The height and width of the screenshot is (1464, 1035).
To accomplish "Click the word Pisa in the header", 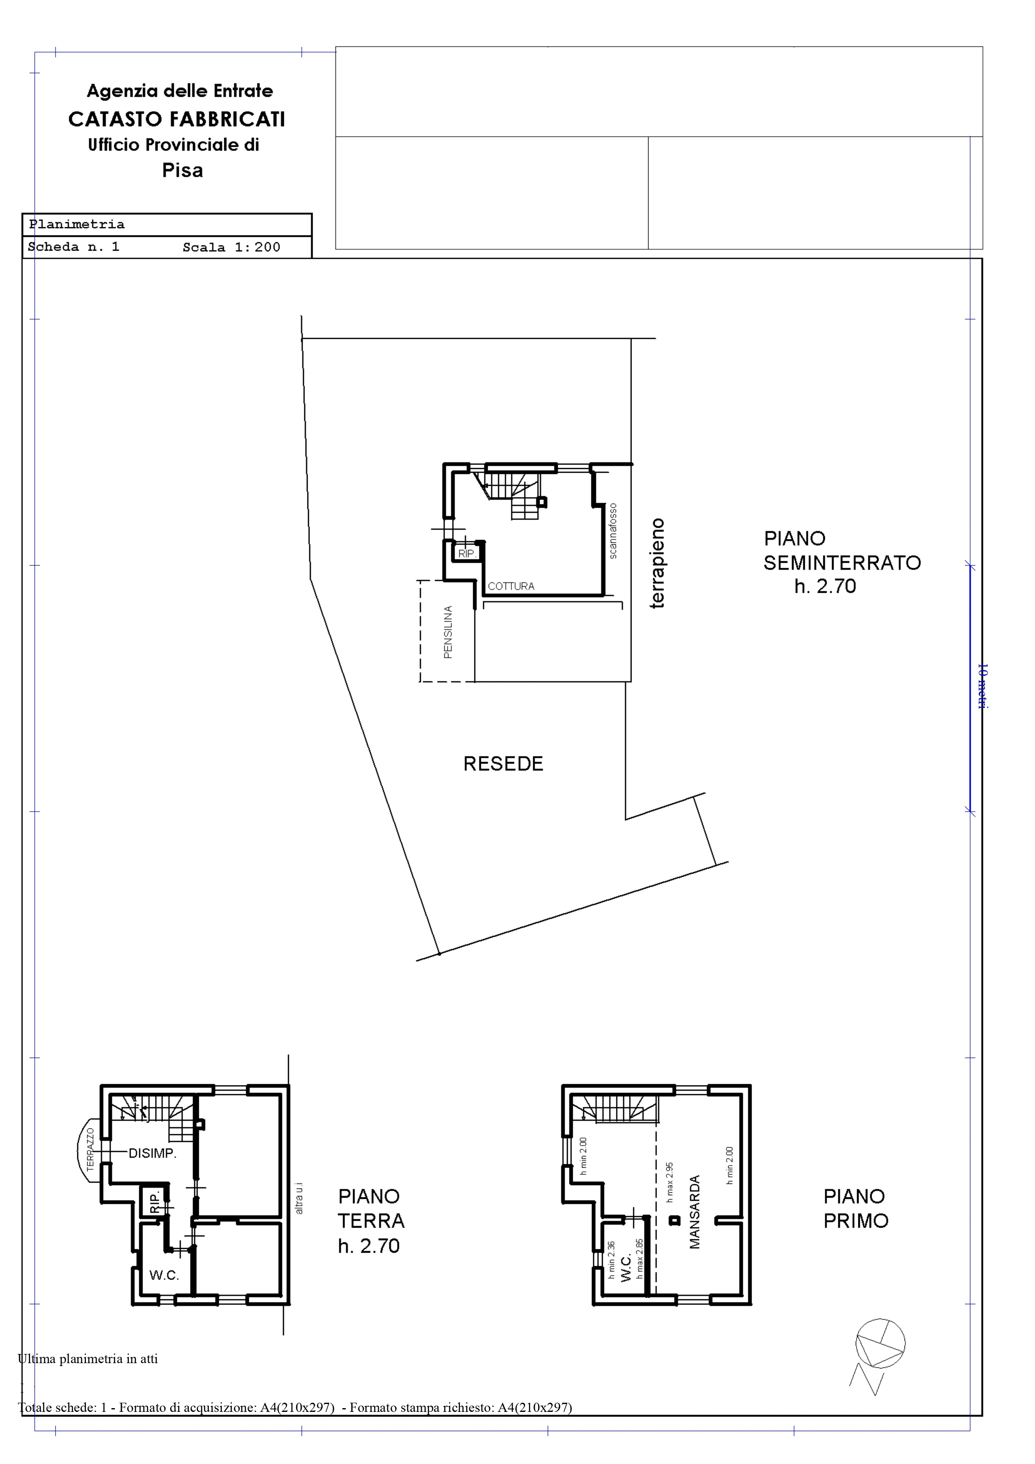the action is pos(183,170).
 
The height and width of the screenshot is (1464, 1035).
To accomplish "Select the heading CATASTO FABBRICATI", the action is pos(177,119).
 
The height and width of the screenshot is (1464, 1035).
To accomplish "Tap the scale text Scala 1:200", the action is pos(231,247).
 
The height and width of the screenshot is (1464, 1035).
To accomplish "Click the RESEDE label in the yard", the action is pos(503,764).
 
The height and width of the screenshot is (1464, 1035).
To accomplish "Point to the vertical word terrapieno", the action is pos(657,564).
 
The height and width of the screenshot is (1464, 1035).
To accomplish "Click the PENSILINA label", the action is pos(448,632).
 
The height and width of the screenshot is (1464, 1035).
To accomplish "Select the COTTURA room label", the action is pos(511,587).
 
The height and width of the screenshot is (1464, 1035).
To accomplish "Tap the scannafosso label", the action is pos(613,531).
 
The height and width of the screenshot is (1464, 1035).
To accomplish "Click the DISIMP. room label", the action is pos(153,1153).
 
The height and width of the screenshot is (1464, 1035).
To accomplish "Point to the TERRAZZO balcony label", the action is pos(90,1150).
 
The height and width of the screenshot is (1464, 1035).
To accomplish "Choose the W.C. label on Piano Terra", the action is pos(164,1275).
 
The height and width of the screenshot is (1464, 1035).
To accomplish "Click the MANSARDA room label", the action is pos(695,1212).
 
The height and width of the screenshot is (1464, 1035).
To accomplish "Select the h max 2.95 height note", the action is pos(669,1182).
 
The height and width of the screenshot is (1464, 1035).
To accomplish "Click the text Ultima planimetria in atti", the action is pos(88,1359).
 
